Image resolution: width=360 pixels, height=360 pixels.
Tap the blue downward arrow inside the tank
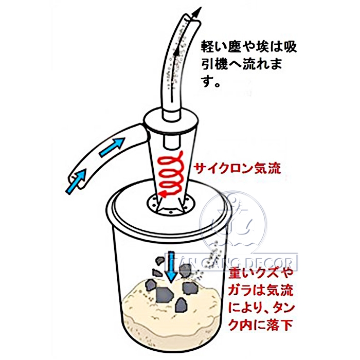[x=171, y=267]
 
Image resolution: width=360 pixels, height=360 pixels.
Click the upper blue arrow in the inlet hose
[x=112, y=147]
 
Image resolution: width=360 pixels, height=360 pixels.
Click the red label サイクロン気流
[x=237, y=169]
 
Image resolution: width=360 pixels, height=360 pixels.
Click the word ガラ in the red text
[x=241, y=291]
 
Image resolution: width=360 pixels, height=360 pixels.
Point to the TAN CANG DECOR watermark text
[x=231, y=262]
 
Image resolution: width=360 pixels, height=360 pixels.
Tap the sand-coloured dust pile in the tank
[x=170, y=308]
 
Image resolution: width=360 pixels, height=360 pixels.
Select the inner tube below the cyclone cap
[x=171, y=141]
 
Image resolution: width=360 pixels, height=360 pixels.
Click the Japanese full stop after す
[x=216, y=84]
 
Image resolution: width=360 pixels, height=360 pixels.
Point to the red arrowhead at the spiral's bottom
[x=163, y=194]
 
